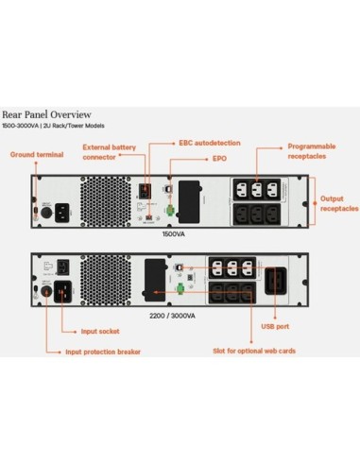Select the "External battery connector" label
[108, 152]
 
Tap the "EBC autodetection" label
[209, 143]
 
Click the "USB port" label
[271, 327]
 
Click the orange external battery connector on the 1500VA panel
[146, 189]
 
